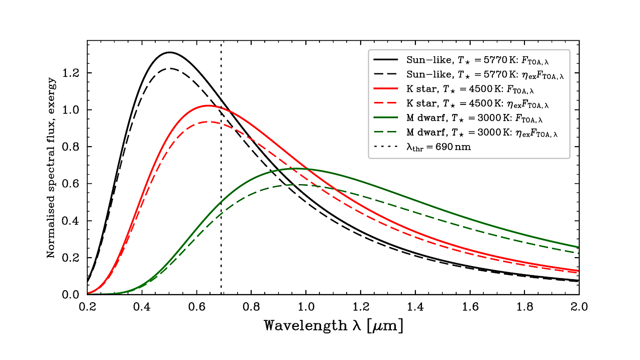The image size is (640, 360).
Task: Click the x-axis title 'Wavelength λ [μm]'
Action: [x=333, y=325]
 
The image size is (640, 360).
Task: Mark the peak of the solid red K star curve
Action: [x=208, y=105]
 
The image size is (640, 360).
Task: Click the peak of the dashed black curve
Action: [x=170, y=68]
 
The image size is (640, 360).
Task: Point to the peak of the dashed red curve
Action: [x=206, y=122]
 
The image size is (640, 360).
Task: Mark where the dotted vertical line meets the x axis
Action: [x=221, y=294]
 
